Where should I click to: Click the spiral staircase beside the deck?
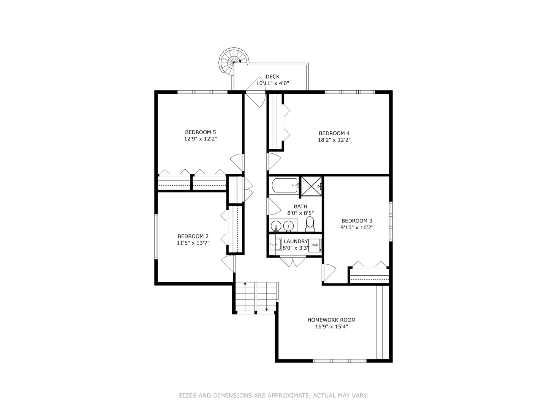[x=232, y=61]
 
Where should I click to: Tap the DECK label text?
[x=272, y=77]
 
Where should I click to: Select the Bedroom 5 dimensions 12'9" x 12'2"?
[x=200, y=139]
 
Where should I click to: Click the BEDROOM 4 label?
[x=334, y=133]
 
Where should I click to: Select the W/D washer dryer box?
[x=315, y=245]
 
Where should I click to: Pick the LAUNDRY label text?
[x=296, y=241]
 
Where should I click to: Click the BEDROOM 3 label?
[x=357, y=221]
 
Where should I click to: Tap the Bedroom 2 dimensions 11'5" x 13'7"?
[x=193, y=243]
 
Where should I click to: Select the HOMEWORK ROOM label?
[x=331, y=320]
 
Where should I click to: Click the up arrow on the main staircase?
[x=245, y=284]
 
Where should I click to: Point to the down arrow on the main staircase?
[x=267, y=310]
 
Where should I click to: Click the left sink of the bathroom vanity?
[x=276, y=226]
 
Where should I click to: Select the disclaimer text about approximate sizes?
[x=273, y=396]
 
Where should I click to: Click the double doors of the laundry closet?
[x=293, y=262]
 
